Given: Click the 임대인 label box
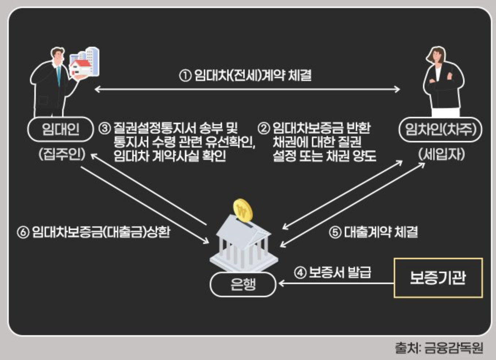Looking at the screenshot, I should point(60,129).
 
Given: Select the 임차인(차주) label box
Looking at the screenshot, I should point(440,129).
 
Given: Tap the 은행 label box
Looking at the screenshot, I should point(243,284).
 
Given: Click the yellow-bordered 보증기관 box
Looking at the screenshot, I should point(438,278).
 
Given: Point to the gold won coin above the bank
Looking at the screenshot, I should point(243,210).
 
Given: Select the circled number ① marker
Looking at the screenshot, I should point(185,76).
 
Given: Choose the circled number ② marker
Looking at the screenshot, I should point(264,128).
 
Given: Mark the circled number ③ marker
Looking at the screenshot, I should point(104,128).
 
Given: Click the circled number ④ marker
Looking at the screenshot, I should point(300,272).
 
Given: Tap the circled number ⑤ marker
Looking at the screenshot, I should point(335,232).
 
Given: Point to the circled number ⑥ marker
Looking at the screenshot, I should point(23,232).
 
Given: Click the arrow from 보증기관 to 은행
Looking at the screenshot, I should point(336,283).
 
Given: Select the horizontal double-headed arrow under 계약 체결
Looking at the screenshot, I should point(247,89).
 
